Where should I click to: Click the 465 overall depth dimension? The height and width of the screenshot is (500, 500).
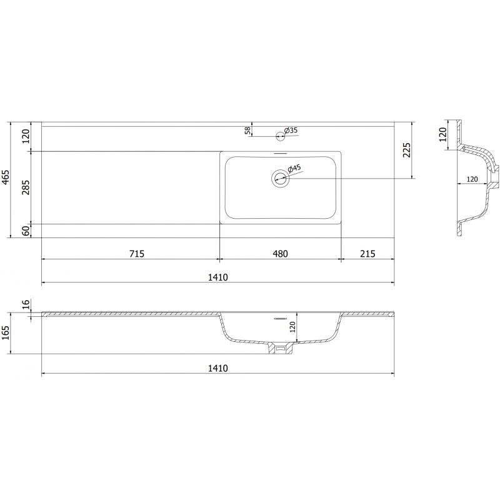[x=6, y=179]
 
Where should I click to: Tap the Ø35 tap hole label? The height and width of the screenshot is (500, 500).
[x=291, y=130]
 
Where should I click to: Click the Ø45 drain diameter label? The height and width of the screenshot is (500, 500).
[x=294, y=168]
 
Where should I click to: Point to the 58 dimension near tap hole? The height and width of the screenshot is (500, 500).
[x=247, y=131]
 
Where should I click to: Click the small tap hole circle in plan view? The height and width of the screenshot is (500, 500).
[x=279, y=133]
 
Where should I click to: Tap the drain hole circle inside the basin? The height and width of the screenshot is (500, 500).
[x=279, y=179]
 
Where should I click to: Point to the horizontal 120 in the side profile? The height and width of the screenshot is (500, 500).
[x=472, y=180]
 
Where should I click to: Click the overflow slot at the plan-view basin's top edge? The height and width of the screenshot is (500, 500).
[x=279, y=154]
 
